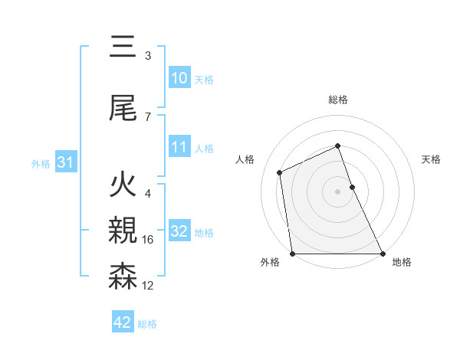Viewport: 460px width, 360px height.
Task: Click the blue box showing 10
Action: tap(179, 78)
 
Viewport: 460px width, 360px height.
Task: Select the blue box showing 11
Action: tap(179, 147)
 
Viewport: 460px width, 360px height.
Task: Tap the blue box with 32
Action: tap(179, 231)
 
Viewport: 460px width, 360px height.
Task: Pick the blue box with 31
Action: tap(65, 162)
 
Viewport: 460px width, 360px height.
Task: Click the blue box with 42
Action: tap(123, 322)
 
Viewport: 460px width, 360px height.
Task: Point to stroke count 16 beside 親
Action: tap(148, 240)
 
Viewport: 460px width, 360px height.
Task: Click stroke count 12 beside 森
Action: tap(148, 286)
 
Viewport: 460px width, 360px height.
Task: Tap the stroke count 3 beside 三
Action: tap(148, 56)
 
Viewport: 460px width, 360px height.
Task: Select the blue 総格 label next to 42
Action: tap(147, 324)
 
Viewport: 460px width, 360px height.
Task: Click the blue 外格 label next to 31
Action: tap(40, 163)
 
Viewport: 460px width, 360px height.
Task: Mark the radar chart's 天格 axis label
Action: tap(432, 159)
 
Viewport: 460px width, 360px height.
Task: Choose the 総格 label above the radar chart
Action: tap(338, 100)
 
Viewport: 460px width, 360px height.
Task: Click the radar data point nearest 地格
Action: tap(382, 254)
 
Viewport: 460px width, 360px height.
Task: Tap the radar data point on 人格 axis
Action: tap(280, 172)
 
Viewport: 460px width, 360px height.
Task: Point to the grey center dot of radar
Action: tap(338, 191)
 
